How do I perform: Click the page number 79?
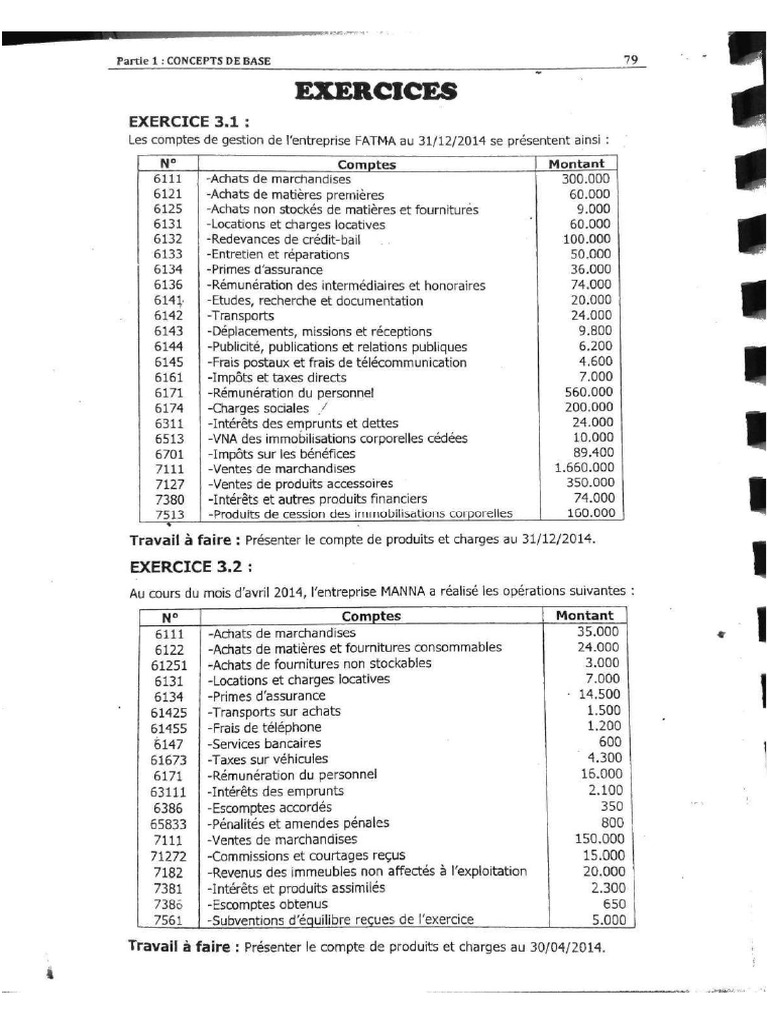coord(630,59)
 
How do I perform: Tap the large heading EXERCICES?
coord(376,92)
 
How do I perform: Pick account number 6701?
coord(167,453)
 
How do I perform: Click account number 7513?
coord(167,514)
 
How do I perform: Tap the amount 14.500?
coord(597,694)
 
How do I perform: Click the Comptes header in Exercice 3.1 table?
coord(366,164)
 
